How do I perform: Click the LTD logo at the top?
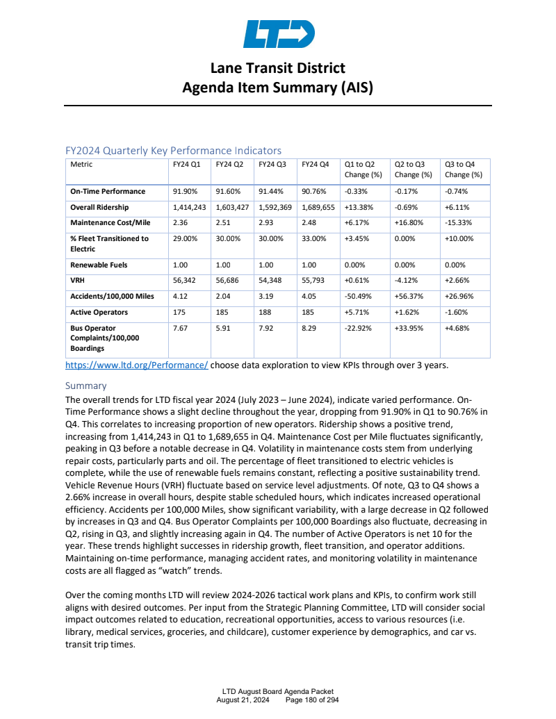tap(278, 34)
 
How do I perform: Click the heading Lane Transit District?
tap(278, 68)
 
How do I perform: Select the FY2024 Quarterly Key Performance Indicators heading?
tap(173, 150)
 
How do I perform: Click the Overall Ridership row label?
tap(99, 207)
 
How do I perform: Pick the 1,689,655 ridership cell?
tap(319, 207)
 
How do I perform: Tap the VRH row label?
tap(77, 281)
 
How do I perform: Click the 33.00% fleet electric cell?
tap(314, 238)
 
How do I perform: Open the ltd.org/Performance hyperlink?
tap(136, 365)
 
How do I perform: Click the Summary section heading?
tap(85, 386)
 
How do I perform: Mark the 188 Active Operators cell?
tap(265, 312)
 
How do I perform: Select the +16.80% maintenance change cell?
tap(409, 222)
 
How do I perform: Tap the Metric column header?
tap(81, 165)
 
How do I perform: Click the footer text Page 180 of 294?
tap(313, 700)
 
